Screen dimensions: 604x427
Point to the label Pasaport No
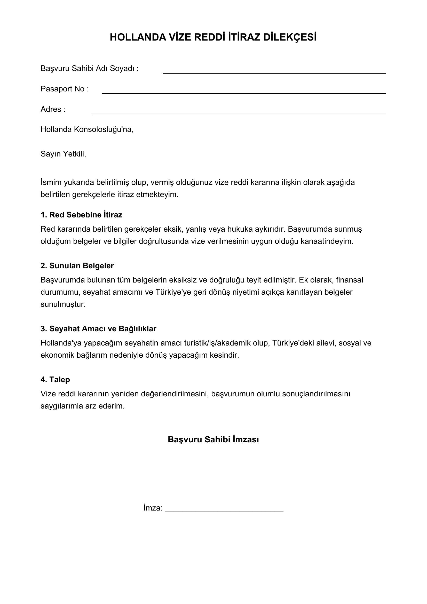(65, 89)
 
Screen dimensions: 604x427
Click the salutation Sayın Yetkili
(63, 154)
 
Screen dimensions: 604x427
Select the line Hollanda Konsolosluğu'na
(87, 129)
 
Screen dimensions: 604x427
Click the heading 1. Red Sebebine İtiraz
(81, 215)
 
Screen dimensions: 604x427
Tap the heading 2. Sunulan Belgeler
(77, 266)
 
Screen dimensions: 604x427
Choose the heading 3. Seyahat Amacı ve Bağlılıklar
(98, 329)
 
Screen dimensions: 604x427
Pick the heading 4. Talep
(55, 380)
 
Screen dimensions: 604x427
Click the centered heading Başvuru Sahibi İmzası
(213, 440)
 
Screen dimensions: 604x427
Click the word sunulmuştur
(63, 304)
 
